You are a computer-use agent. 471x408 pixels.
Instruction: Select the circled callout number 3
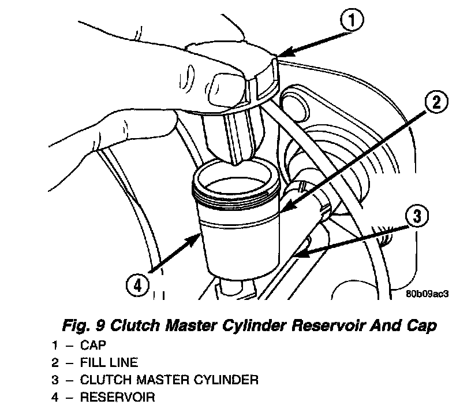(417, 218)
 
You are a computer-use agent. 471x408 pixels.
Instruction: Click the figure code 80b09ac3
(427, 294)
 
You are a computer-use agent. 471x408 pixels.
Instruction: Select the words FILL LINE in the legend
(109, 362)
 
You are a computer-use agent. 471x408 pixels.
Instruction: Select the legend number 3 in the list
(54, 380)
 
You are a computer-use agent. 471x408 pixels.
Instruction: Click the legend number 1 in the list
(54, 345)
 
